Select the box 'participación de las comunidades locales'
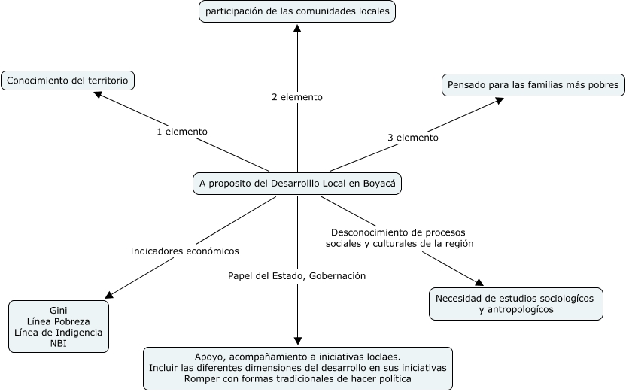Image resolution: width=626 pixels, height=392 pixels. point(297,12)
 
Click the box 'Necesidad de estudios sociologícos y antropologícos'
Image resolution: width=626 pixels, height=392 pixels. point(515,303)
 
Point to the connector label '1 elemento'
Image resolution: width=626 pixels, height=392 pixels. point(181,132)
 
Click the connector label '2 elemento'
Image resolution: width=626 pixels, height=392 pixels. point(297,97)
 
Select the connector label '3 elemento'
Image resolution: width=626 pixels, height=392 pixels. point(413,138)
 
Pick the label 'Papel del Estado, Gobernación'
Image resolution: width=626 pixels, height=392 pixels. point(296,275)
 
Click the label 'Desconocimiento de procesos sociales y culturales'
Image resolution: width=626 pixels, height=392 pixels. point(399,238)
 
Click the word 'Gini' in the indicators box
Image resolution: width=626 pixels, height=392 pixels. point(59,310)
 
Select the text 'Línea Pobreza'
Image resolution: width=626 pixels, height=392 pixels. point(59,321)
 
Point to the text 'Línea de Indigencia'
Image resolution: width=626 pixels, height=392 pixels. point(59,332)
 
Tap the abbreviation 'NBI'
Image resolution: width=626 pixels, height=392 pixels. point(59,343)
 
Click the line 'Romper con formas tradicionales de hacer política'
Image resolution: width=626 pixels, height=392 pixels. point(298,378)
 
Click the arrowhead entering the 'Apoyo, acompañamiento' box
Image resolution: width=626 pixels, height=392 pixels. point(298,341)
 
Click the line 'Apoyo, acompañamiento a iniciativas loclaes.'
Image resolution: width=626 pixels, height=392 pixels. point(298,356)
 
